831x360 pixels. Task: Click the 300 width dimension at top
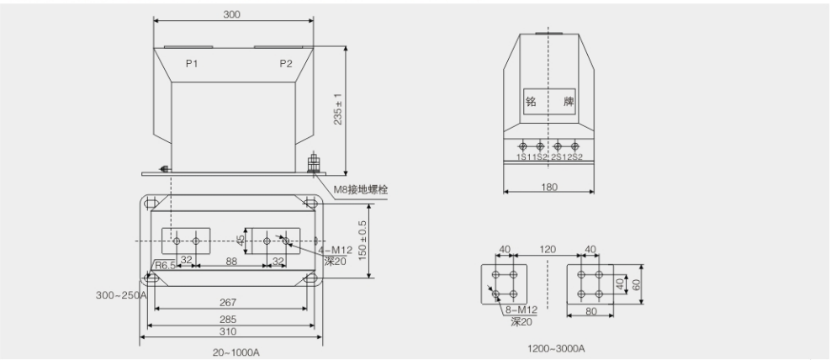(x=231, y=14)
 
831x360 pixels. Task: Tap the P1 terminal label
(x=191, y=64)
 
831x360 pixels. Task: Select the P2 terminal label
(x=286, y=64)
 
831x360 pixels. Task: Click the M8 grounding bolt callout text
(x=361, y=189)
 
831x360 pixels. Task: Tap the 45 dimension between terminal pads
(x=241, y=241)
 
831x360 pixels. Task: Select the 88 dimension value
(x=231, y=260)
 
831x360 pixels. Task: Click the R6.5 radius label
(x=165, y=265)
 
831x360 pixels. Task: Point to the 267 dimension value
(x=228, y=303)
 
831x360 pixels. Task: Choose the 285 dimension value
(x=228, y=320)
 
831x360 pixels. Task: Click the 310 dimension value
(x=228, y=332)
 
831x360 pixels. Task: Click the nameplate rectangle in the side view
(x=549, y=101)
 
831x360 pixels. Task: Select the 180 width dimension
(x=549, y=187)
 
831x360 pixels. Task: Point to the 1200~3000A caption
(x=556, y=348)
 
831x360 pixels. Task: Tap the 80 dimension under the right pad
(x=591, y=311)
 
